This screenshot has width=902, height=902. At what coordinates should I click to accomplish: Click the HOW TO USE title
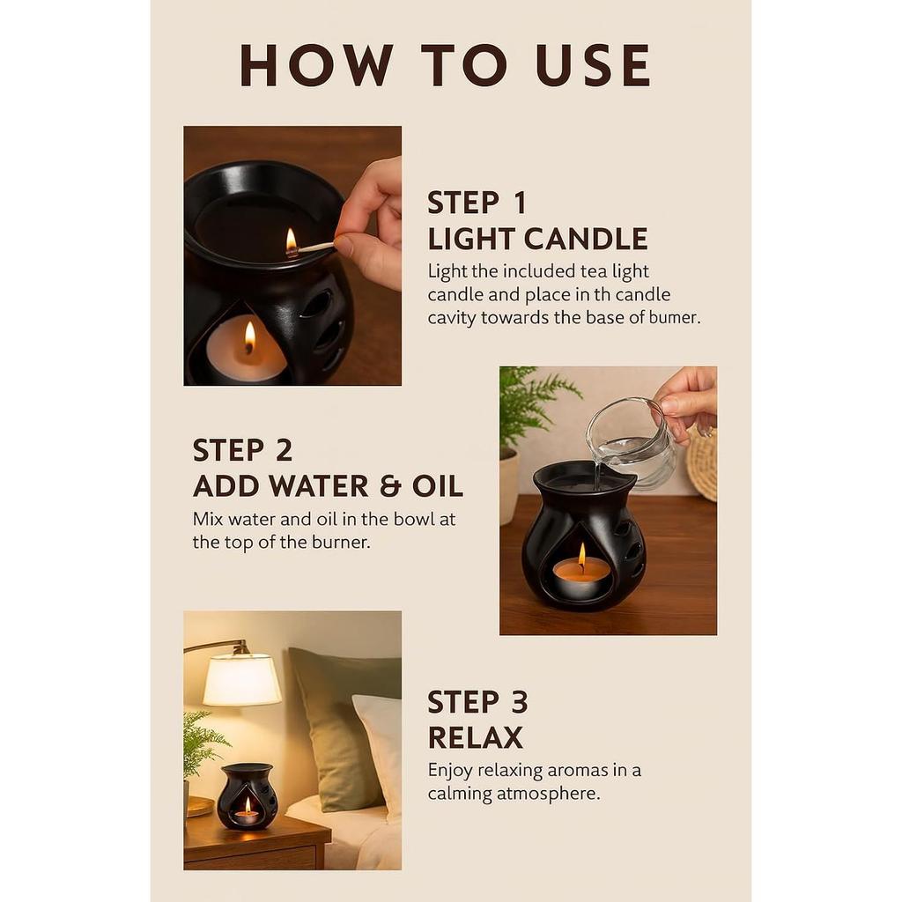tap(445, 66)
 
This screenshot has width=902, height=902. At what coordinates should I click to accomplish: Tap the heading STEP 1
tap(477, 203)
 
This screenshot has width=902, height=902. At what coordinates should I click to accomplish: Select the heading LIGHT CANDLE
tap(537, 239)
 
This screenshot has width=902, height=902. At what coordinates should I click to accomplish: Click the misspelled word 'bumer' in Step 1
tap(676, 318)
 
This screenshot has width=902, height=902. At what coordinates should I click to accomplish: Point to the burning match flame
tap(291, 240)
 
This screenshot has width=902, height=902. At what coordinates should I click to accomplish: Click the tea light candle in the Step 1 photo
tap(246, 351)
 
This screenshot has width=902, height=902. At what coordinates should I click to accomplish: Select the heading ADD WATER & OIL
tap(328, 486)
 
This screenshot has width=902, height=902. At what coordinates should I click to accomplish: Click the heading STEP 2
tap(242, 450)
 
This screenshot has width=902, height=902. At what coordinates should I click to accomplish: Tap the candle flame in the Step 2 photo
tap(581, 554)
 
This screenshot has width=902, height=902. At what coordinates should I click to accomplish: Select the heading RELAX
tap(475, 737)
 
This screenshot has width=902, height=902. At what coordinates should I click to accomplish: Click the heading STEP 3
tap(477, 702)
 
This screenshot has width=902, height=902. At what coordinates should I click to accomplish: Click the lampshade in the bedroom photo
tap(241, 679)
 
